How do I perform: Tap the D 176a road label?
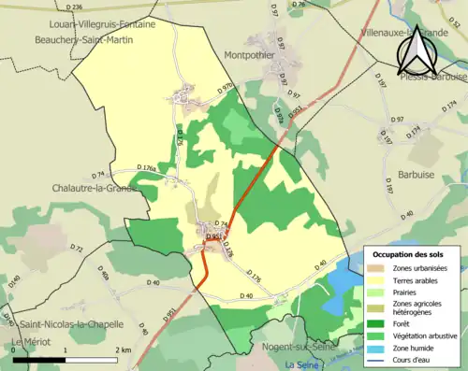tap(146, 167)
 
